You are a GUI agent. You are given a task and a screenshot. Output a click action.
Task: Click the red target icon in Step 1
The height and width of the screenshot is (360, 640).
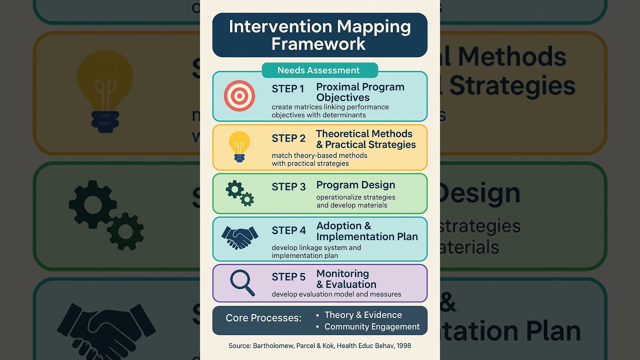[x=239, y=95]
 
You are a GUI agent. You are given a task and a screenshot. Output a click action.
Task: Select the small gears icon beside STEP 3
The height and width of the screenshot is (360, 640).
[x=240, y=193]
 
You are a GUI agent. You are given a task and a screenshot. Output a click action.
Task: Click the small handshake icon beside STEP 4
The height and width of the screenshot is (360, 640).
[x=239, y=237]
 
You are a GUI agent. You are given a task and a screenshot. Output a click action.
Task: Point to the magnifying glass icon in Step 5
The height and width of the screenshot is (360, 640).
[x=242, y=282]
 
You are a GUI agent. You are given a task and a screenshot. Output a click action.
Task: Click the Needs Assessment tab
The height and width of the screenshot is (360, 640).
[x=319, y=70]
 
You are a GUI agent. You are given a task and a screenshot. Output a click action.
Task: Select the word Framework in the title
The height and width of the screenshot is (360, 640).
[x=319, y=44]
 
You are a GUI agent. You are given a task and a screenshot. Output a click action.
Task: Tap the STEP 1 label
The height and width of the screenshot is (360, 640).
[x=288, y=89]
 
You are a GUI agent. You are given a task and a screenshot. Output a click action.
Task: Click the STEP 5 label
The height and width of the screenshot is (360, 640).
[x=288, y=277]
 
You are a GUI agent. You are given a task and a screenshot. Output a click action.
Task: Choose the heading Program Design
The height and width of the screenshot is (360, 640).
[x=355, y=185]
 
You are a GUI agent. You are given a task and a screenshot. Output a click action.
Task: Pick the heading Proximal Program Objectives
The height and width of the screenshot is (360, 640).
[x=360, y=92]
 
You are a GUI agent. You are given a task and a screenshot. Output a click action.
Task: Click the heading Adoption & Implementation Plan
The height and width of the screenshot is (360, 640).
[x=366, y=231]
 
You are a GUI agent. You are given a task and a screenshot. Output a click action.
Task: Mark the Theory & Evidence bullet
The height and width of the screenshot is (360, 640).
[x=363, y=315]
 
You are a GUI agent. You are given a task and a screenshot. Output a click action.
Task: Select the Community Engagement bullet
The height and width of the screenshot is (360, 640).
[x=372, y=327]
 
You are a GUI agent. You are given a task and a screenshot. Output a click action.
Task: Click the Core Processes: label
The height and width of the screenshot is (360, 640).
[x=263, y=318]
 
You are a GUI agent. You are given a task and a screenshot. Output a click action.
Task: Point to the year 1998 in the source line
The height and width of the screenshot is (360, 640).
[x=403, y=346]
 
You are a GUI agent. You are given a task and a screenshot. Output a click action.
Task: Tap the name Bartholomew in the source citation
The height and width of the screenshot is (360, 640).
[x=273, y=346]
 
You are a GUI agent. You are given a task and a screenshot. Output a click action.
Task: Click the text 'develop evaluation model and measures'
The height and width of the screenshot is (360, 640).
[x=336, y=294]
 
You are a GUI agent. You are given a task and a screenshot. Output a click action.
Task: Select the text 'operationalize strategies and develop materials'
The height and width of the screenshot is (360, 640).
[x=355, y=201]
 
